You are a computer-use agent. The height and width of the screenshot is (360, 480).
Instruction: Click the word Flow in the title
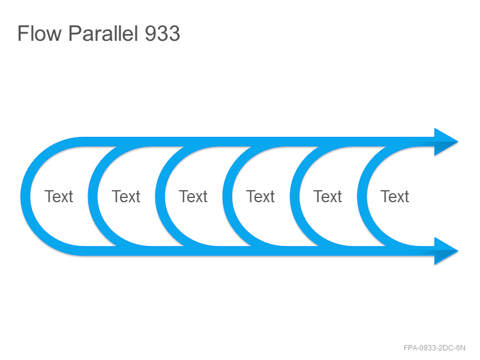click(40, 33)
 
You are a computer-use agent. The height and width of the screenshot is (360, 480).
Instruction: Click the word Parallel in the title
click(103, 33)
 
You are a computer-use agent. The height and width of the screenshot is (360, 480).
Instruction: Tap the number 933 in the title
click(162, 33)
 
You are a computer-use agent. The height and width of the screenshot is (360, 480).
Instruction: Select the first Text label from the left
click(59, 196)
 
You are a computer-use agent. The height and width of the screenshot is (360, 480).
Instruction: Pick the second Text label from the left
click(126, 196)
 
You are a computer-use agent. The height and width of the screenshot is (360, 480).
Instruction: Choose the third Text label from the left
click(193, 196)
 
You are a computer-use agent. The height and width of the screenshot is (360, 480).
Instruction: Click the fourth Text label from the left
click(260, 196)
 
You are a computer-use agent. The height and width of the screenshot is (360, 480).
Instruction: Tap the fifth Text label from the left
click(328, 196)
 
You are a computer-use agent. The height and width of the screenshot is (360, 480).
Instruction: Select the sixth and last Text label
click(395, 196)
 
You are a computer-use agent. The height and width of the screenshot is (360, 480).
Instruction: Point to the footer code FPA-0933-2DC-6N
click(434, 348)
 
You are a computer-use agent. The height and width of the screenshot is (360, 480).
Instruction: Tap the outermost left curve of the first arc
click(25, 196)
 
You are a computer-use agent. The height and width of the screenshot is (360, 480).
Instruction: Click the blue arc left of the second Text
click(93, 196)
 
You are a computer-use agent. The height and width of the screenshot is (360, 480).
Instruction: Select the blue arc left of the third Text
click(160, 196)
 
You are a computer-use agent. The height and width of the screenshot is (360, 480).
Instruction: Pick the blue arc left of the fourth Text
click(227, 196)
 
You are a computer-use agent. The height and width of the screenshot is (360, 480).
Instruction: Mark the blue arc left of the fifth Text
click(295, 196)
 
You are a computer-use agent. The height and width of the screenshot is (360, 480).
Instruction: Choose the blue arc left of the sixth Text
click(362, 196)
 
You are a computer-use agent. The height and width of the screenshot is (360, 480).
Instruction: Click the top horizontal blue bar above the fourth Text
click(260, 142)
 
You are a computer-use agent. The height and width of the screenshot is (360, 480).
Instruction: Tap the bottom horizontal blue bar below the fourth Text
click(260, 251)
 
